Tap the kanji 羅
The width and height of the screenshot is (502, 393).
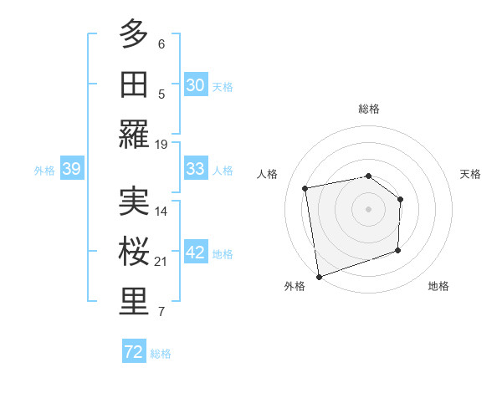[x=134, y=133]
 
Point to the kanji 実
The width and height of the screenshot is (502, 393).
[x=134, y=201]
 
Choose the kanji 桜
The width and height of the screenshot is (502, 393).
[x=134, y=251]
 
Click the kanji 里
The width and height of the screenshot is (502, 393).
[x=134, y=301]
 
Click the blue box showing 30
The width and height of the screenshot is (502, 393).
[x=195, y=85]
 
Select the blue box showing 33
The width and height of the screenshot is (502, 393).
[x=195, y=170]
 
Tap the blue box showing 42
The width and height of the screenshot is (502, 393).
[x=195, y=253]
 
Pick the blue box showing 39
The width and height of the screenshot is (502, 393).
[x=71, y=170]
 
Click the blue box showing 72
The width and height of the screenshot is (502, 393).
[x=134, y=353]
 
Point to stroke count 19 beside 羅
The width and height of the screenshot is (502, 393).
[x=161, y=144]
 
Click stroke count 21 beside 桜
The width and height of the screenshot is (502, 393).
[x=161, y=262]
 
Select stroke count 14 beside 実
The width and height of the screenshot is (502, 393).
[x=161, y=211]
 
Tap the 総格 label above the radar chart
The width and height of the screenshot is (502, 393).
[x=368, y=109]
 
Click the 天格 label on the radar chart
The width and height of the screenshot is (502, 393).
[x=470, y=174]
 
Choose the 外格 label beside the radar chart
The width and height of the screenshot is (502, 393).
[x=295, y=286]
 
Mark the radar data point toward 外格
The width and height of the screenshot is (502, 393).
[x=319, y=276]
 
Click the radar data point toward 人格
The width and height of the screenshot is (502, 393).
[x=305, y=188]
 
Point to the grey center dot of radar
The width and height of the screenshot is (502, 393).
[x=368, y=208]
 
